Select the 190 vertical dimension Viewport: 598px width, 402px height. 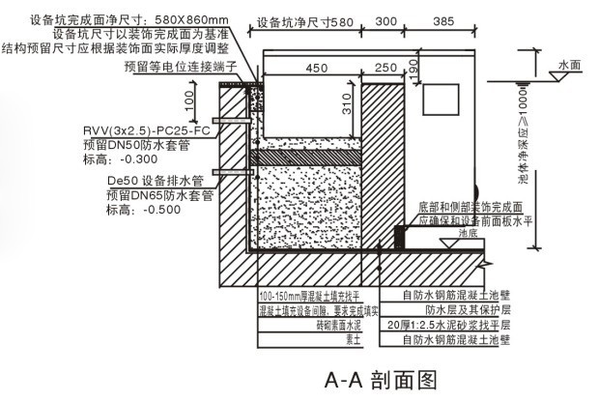click(412, 67)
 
